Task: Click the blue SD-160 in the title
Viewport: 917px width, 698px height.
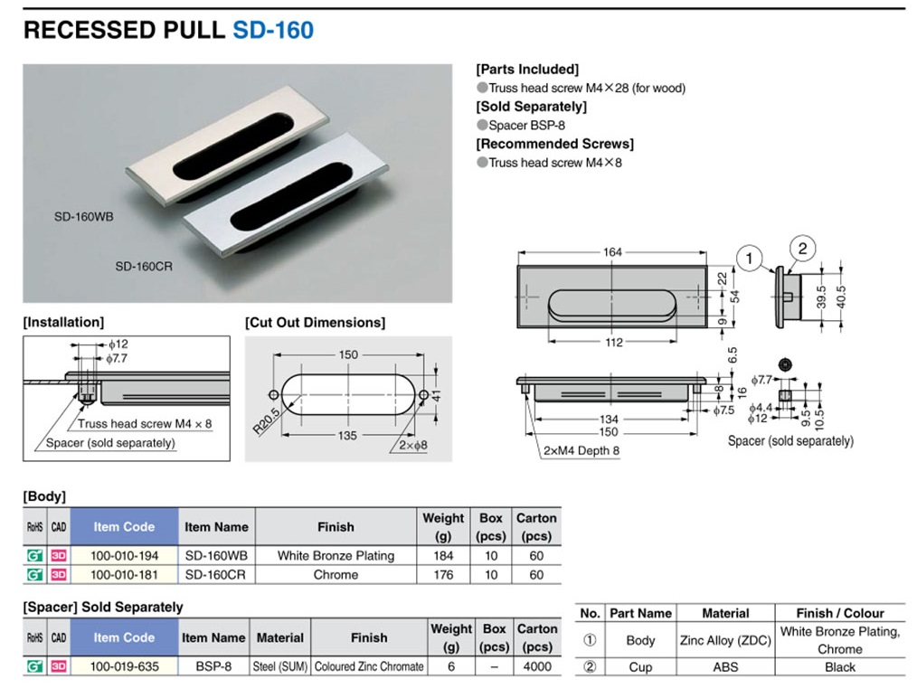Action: click(x=273, y=30)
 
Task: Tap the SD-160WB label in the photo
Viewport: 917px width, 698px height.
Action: click(x=83, y=217)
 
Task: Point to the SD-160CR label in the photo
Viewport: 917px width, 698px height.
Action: click(x=144, y=267)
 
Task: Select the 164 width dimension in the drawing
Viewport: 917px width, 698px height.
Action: click(x=612, y=252)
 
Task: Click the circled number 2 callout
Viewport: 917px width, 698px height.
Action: click(x=802, y=249)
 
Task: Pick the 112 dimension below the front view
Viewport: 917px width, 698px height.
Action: click(x=613, y=343)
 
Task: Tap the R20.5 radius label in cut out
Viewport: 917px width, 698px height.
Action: click(x=266, y=420)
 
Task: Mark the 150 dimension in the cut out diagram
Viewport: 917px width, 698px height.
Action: click(x=348, y=354)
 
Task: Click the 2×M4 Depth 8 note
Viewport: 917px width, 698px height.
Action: click(x=581, y=451)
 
